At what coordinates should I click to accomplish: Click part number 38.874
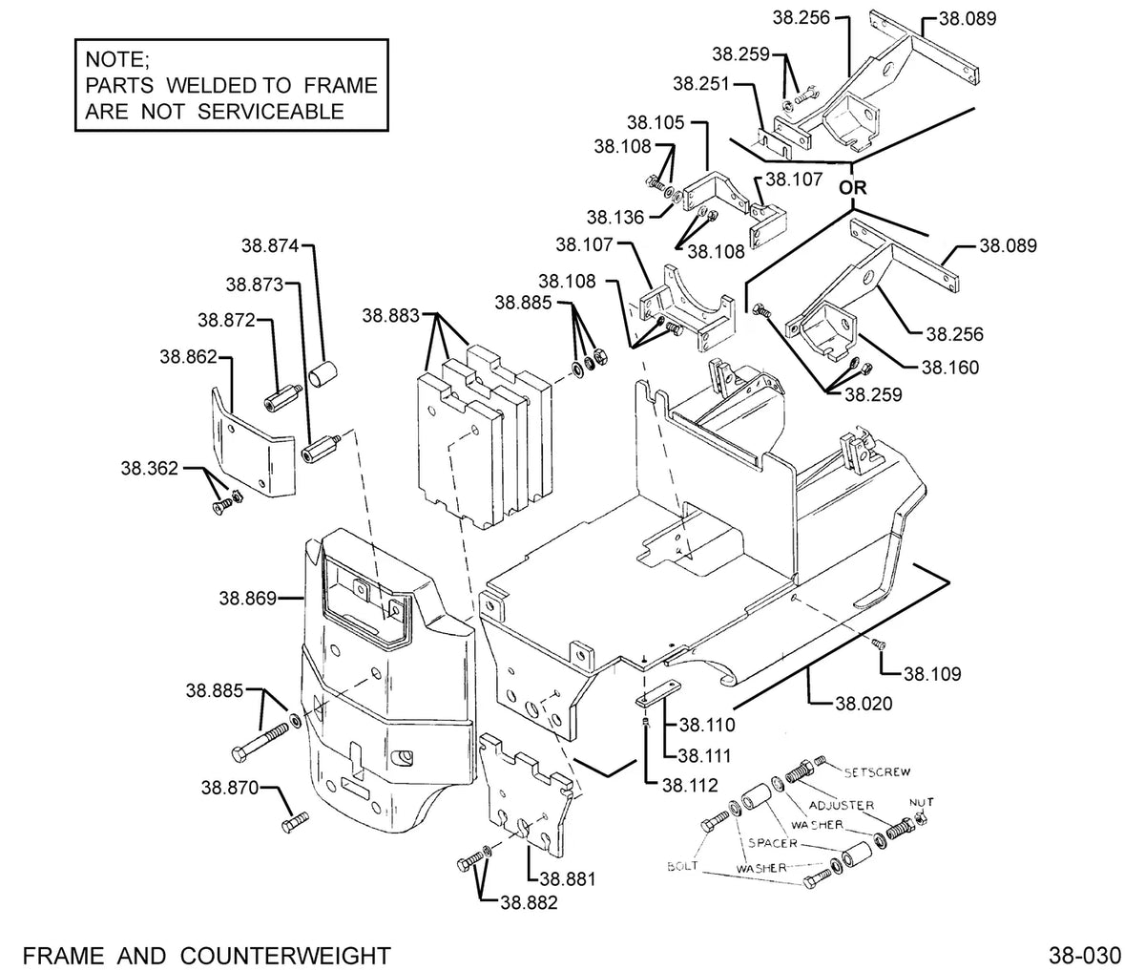270,245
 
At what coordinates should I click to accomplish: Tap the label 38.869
248,599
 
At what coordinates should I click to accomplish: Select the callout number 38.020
864,704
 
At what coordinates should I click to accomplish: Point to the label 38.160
950,368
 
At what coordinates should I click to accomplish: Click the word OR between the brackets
852,188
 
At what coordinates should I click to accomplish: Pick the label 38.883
391,315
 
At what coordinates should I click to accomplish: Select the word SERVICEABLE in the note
271,112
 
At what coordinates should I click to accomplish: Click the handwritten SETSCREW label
877,772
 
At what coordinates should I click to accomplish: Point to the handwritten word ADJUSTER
842,805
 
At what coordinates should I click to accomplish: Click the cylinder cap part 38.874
323,374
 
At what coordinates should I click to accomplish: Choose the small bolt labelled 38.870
295,822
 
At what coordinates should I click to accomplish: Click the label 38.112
690,786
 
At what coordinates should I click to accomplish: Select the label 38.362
150,469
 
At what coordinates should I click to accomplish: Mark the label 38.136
615,218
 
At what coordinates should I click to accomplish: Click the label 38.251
702,84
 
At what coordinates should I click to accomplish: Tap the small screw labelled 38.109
879,644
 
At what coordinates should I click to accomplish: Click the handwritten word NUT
921,802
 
